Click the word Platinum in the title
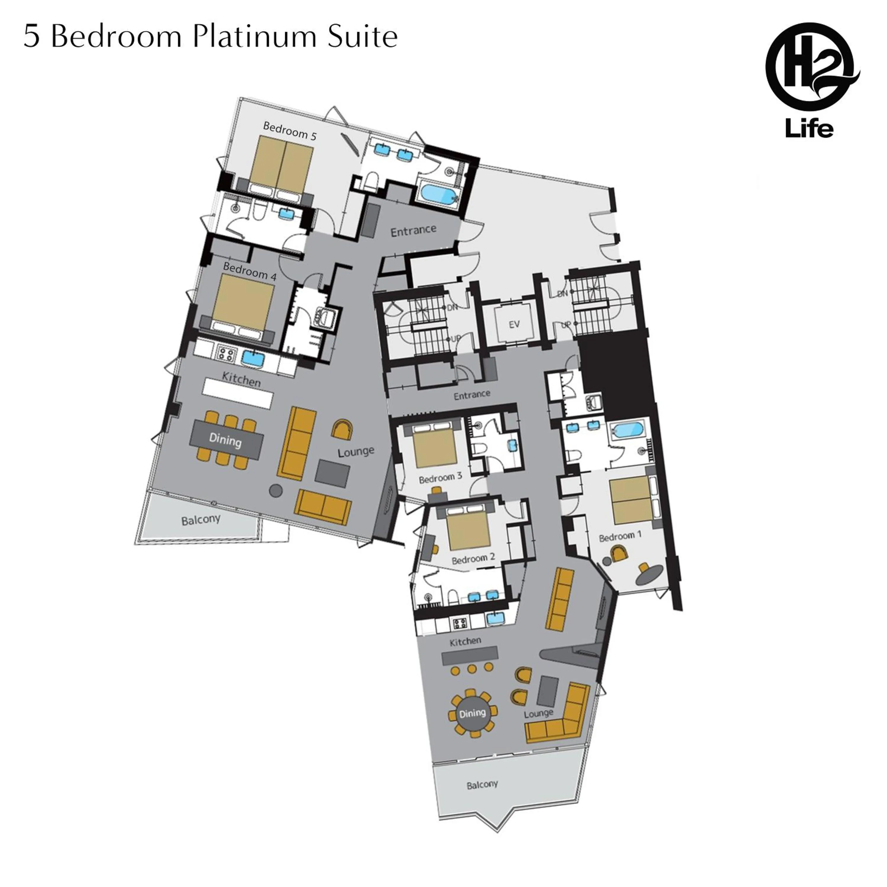(x=254, y=37)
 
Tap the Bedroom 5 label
(x=290, y=131)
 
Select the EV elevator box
(x=514, y=324)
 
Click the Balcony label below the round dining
(x=482, y=785)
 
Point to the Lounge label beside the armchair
(x=356, y=452)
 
